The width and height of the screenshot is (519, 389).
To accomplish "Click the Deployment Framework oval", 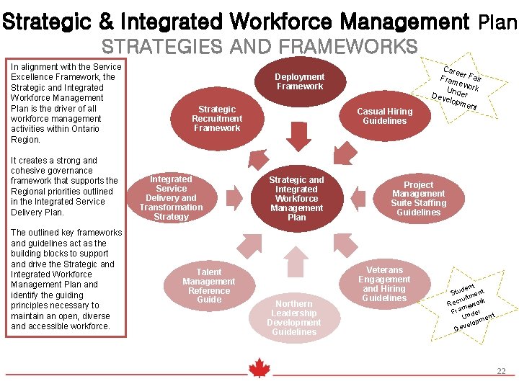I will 299,81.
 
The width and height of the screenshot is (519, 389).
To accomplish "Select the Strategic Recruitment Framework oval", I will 217,118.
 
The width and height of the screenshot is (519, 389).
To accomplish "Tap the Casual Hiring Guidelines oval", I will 385,115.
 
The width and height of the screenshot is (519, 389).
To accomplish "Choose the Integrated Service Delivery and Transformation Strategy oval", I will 171,197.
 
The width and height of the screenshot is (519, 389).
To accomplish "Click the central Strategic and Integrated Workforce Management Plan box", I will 296,198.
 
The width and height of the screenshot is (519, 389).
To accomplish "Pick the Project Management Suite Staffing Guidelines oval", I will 418,198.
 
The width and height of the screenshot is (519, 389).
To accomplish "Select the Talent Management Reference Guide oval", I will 209,285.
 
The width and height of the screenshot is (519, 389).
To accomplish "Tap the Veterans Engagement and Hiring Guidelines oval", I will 384,284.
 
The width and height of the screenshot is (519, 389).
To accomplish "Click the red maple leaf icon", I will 259,368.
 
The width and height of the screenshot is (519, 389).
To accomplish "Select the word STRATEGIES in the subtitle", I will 153,48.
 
